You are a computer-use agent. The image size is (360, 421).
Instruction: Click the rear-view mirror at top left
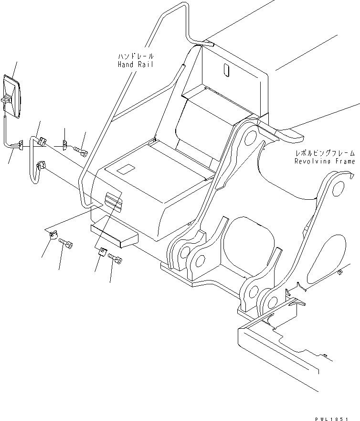(x=12, y=98)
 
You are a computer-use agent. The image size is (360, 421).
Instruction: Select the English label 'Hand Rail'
(x=136, y=64)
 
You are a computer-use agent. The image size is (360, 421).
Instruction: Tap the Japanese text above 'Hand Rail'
(x=136, y=56)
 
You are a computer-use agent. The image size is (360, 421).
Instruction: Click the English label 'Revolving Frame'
(x=325, y=162)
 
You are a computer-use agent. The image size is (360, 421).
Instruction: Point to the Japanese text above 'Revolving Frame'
(x=325, y=153)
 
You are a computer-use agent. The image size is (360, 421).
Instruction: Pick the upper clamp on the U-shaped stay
(x=42, y=141)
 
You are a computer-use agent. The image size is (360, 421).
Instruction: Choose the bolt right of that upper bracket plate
(x=82, y=151)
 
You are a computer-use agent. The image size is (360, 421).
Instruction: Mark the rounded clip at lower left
(x=53, y=235)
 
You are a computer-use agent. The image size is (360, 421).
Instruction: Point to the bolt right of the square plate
(x=116, y=259)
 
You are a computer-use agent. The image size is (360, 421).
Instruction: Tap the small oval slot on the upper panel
(x=226, y=70)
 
